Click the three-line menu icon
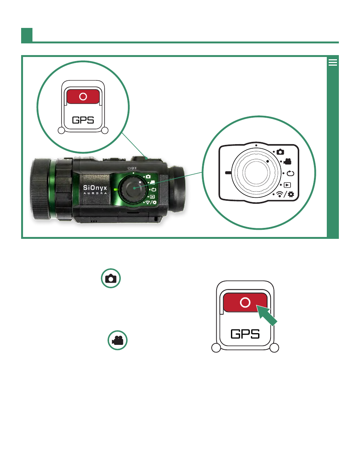(x=332, y=62)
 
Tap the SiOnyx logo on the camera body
(x=95, y=188)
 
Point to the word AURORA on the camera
(x=95, y=193)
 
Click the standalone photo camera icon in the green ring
(x=111, y=278)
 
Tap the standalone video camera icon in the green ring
(x=117, y=340)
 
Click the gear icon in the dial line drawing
(x=291, y=194)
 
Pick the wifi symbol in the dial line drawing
(x=279, y=194)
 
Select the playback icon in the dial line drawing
(x=287, y=185)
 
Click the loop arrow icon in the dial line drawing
(x=290, y=173)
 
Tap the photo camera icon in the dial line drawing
(x=280, y=152)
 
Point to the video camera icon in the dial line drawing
(x=287, y=161)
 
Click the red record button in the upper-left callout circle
(x=83, y=97)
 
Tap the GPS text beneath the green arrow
(x=245, y=334)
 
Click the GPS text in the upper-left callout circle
(x=83, y=120)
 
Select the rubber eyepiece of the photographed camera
(x=176, y=189)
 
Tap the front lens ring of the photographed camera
(x=41, y=189)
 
